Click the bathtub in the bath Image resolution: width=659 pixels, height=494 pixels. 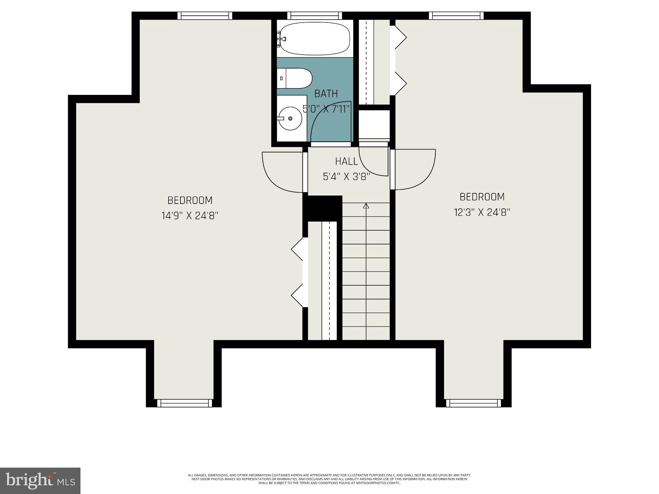[x=315, y=39]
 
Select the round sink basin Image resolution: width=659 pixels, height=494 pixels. [x=290, y=118]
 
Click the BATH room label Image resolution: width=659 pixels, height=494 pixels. [x=326, y=94]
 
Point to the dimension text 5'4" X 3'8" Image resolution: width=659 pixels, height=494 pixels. [x=346, y=177]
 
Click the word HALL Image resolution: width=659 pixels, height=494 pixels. [x=346, y=161]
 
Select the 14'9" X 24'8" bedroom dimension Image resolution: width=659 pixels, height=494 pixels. [x=190, y=215]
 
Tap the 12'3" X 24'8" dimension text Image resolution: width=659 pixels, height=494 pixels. [x=482, y=212]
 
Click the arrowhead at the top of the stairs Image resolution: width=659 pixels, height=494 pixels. [x=366, y=206]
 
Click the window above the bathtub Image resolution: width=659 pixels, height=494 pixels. [x=315, y=15]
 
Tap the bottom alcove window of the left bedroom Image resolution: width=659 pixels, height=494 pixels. [x=185, y=403]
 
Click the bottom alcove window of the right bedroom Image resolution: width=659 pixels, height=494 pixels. [x=473, y=403]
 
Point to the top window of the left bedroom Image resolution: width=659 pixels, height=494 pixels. [x=205, y=15]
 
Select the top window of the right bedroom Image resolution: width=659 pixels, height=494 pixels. [x=456, y=15]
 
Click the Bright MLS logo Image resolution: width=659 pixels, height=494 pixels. [x=40, y=480]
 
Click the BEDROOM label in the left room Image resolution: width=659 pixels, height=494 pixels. [x=190, y=200]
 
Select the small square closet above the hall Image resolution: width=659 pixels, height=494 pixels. [x=374, y=124]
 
